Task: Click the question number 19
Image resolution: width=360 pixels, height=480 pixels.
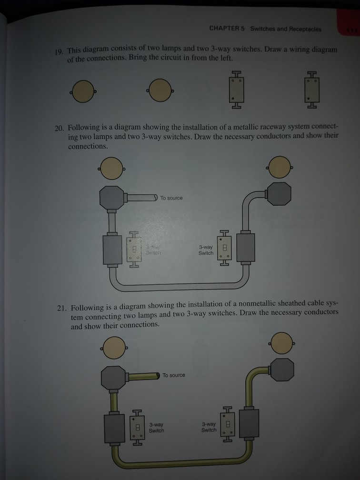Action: click(60, 51)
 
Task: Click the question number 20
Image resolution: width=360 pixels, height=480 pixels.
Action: click(60, 128)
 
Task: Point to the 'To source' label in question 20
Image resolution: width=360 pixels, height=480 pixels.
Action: click(171, 198)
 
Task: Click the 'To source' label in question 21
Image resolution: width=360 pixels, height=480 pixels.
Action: click(174, 375)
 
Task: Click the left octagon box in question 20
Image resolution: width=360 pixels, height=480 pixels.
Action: click(112, 197)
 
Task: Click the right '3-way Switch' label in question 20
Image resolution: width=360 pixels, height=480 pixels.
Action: click(206, 250)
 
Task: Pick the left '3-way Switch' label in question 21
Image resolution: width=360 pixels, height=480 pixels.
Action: click(156, 427)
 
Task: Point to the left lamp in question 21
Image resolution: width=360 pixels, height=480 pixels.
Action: click(113, 347)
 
